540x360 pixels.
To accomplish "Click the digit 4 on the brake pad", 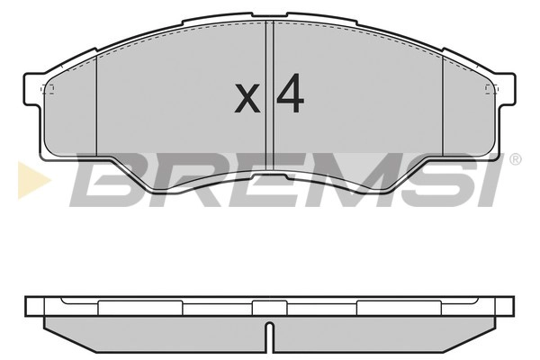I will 287,94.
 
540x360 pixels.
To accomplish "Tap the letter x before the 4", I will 247,98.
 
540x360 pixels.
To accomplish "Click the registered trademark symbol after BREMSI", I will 515,159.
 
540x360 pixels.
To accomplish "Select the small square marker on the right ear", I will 490,88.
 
